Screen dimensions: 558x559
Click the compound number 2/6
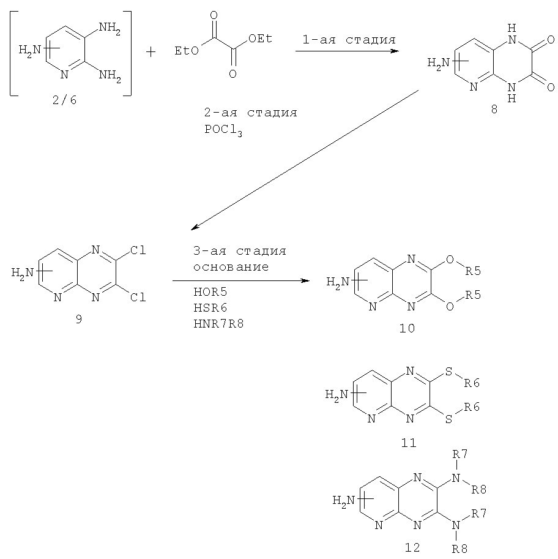click(64, 100)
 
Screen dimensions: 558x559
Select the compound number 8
click(494, 110)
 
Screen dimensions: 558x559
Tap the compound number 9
click(79, 319)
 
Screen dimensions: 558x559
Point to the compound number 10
click(407, 328)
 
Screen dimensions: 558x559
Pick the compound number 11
click(409, 443)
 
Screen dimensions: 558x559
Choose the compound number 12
click(412, 547)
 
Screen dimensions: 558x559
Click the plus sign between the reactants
click(151, 53)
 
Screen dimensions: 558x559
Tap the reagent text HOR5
click(210, 292)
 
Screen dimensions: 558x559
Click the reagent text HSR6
click(210, 307)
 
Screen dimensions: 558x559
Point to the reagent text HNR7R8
click(218, 324)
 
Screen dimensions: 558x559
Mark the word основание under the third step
click(231, 267)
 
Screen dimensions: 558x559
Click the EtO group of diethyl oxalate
click(187, 51)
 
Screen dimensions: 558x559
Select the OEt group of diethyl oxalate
click(261, 39)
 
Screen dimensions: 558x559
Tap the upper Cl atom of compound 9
click(138, 250)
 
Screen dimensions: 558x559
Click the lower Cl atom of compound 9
click(138, 297)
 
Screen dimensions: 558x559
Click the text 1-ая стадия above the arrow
click(349, 40)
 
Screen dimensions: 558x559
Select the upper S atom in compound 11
click(448, 372)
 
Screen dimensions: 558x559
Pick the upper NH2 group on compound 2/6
click(110, 28)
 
